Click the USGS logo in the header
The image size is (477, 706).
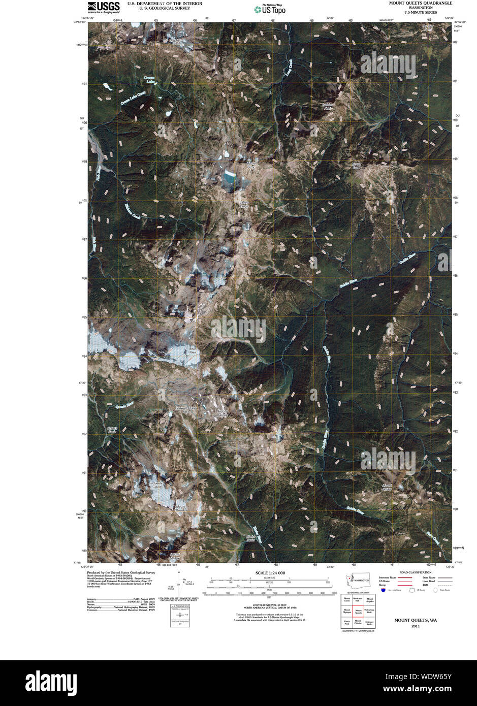pos(104,7)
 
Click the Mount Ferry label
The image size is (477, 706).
pos(251,165)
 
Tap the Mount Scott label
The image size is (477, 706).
pos(357,165)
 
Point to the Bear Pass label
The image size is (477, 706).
pos(193,350)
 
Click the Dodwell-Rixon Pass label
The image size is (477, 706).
pos(186,409)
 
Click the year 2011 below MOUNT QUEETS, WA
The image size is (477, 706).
pos(416,627)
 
